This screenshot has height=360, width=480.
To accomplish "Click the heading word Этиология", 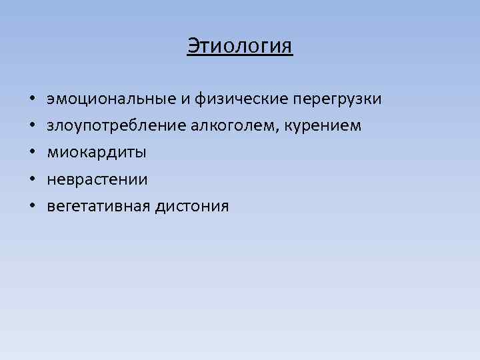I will tap(239, 47).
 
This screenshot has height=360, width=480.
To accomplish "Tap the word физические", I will tap(241, 99).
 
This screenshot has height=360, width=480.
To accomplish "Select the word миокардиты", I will tap(97, 153).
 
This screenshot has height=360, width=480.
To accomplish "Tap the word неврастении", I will tap(97, 179).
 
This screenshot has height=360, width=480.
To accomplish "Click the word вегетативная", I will tap(99, 207).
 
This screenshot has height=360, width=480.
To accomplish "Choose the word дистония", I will tap(192, 206).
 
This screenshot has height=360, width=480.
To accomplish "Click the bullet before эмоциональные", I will tap(32, 100).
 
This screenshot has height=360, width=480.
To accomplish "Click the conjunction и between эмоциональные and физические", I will tap(187, 100).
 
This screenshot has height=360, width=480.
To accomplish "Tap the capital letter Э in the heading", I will tap(192, 47).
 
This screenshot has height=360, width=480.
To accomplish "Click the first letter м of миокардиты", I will tap(52, 153).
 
